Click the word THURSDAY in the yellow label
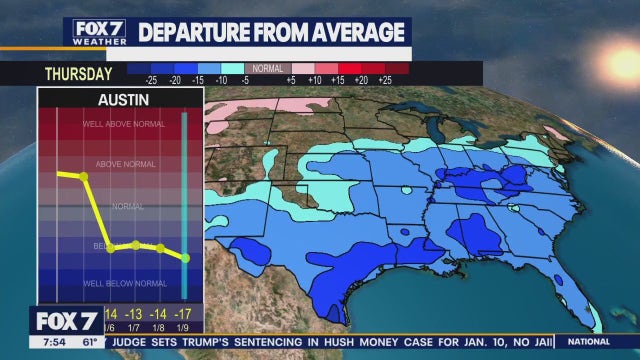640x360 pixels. click(x=76, y=73)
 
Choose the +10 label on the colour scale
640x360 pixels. click(x=316, y=79)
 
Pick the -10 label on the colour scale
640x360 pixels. click(x=222, y=79)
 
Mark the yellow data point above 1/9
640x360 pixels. click(x=185, y=258)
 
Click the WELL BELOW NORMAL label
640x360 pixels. click(x=123, y=284)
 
